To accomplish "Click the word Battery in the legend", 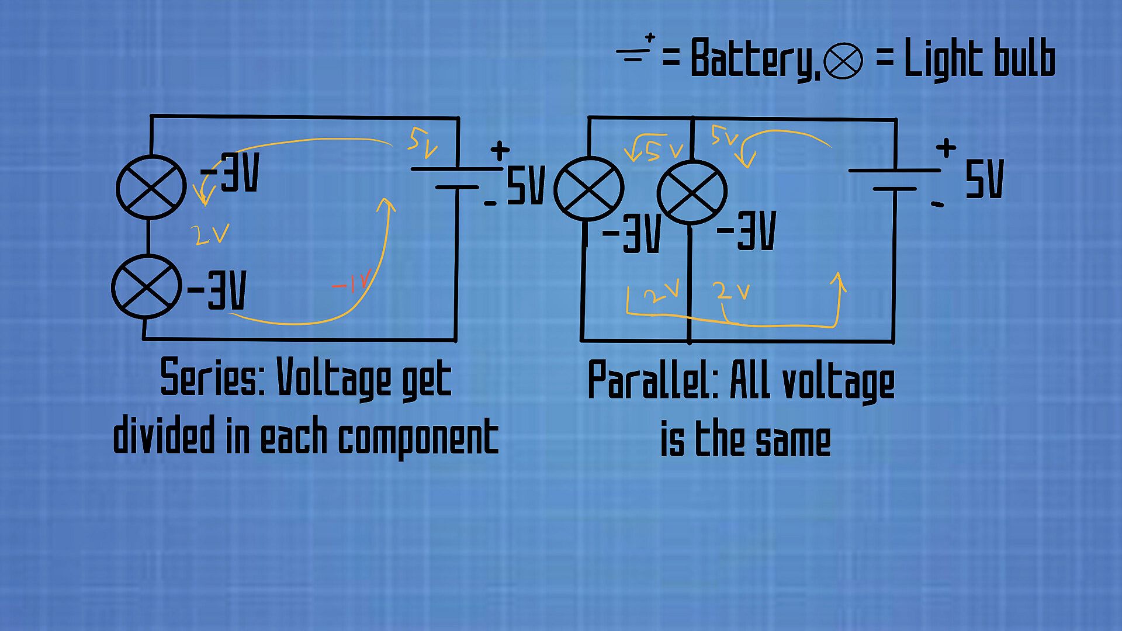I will pos(752,58).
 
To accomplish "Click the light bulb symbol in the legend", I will pos(843,61).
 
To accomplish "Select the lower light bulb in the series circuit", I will pos(146,287).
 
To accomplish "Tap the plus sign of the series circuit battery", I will pos(500,151).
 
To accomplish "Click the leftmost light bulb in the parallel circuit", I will pos(588,189).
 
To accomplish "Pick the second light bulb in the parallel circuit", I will pos(692,192).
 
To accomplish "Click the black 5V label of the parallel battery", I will pos(985,179).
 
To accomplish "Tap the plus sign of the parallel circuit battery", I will pos(946,147).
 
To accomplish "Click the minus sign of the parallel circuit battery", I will pos(937,204).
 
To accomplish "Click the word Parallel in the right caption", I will pos(653,380).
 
